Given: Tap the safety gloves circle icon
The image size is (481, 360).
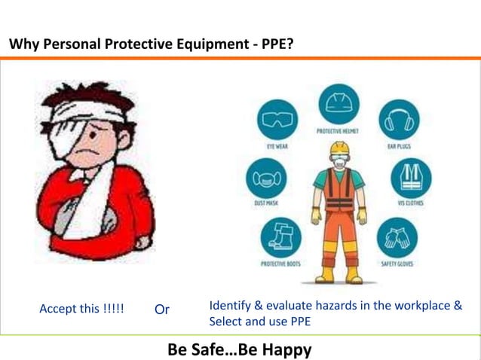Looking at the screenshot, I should [397, 237].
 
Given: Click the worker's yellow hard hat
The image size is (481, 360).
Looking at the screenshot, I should [340, 147].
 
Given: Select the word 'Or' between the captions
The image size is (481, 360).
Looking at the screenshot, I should [162, 310].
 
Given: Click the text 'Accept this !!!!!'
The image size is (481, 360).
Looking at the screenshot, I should [81, 310].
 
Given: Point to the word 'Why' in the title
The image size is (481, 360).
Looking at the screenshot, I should [23, 45].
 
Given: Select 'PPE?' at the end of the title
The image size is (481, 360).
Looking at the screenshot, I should [277, 45].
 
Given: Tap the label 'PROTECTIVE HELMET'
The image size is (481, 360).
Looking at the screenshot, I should [339, 131].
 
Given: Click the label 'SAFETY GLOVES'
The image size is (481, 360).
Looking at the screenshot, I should [397, 264].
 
